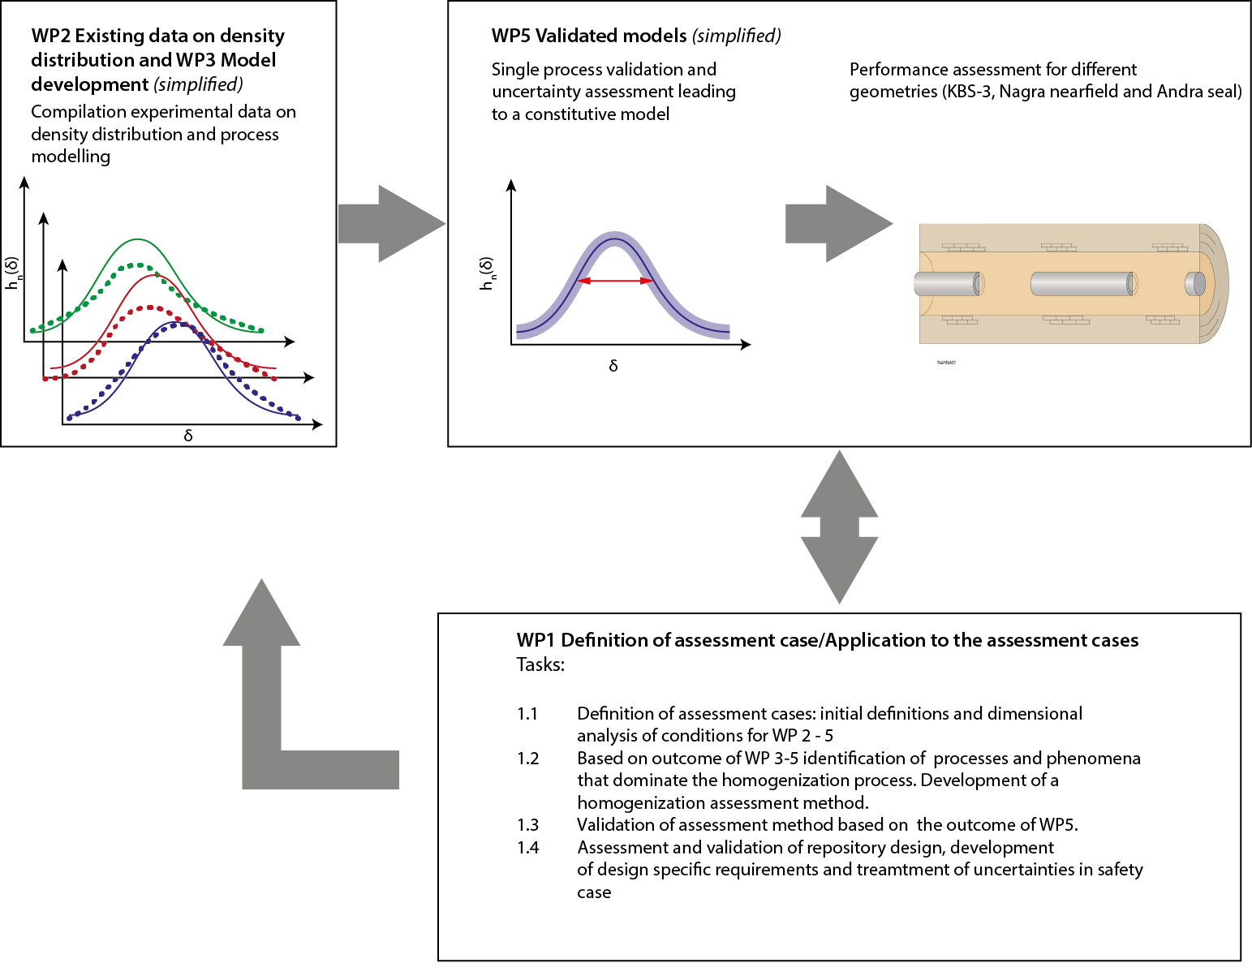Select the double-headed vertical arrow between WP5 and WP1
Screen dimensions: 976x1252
click(839, 527)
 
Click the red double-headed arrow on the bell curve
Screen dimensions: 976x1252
click(615, 281)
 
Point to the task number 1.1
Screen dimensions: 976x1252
click(527, 714)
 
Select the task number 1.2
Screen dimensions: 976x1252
click(527, 759)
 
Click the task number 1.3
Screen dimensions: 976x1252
click(527, 825)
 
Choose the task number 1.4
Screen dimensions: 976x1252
click(527, 848)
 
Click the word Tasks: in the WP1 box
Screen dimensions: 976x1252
click(540, 665)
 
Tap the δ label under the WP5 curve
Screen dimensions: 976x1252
click(613, 366)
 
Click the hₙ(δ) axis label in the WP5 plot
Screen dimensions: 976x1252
click(487, 273)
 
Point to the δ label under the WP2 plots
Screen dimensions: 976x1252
click(188, 436)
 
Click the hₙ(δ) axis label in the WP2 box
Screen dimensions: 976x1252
click(14, 273)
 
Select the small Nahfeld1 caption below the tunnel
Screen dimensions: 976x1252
click(946, 363)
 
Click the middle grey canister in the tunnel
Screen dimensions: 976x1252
click(1082, 284)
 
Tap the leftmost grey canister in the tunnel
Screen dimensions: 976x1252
click(947, 284)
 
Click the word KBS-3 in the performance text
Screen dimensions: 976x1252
click(967, 92)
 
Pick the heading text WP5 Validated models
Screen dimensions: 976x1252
click(589, 36)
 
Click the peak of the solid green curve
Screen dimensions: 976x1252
click(139, 239)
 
